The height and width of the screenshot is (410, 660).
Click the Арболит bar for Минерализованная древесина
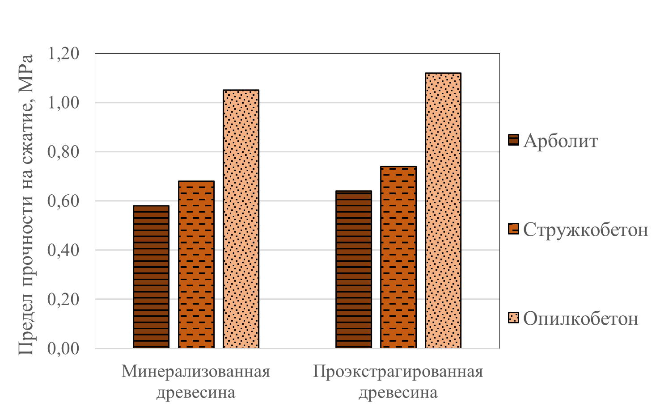(x=151, y=277)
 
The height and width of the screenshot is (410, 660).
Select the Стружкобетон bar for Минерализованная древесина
(x=196, y=264)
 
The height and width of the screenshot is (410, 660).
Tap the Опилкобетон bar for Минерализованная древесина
(x=241, y=219)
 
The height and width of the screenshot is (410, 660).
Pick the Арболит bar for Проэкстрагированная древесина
(x=354, y=269)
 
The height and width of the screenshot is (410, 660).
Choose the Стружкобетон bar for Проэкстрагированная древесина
(x=398, y=257)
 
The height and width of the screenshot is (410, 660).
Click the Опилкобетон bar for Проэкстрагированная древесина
(x=443, y=210)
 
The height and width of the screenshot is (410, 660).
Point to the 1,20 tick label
(x=63, y=54)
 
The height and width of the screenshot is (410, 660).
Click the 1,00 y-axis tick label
(x=63, y=103)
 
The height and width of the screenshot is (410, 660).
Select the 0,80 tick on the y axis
(x=63, y=152)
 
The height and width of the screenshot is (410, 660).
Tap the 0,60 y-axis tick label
(x=63, y=201)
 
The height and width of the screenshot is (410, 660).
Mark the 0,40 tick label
(x=63, y=250)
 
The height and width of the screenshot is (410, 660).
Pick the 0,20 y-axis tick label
(x=63, y=299)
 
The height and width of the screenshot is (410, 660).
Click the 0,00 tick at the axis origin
(x=63, y=348)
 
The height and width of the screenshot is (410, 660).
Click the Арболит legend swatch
(x=513, y=140)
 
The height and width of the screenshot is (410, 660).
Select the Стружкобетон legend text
(x=585, y=230)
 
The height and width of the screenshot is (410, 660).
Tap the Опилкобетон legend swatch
(x=513, y=318)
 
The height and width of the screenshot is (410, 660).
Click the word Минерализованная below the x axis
(x=196, y=372)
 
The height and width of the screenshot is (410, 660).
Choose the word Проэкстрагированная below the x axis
(x=398, y=372)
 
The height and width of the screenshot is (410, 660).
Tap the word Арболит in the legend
(x=561, y=141)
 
